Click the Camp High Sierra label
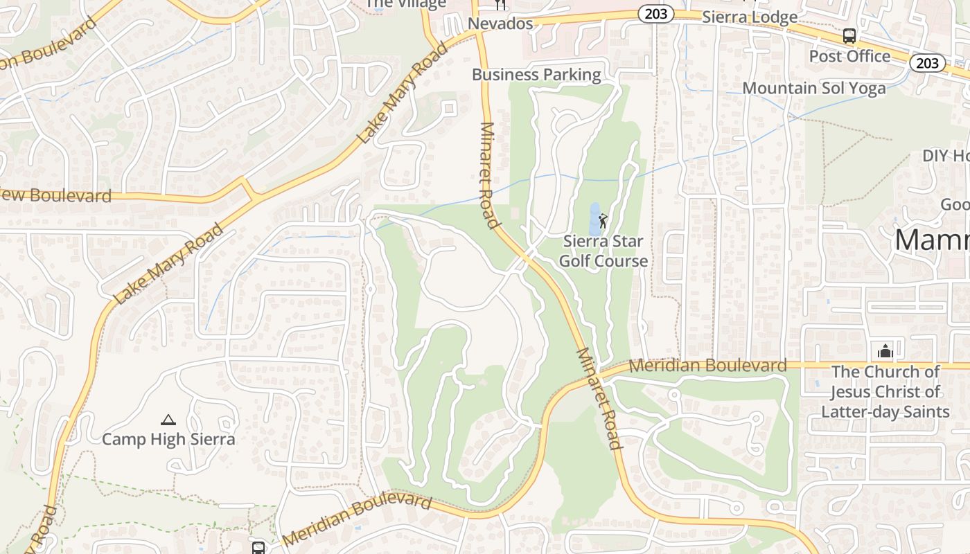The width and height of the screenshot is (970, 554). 168,439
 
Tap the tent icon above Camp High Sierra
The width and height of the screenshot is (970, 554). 168,420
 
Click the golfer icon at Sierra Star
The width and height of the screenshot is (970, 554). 603,221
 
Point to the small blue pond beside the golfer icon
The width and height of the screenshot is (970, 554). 594,220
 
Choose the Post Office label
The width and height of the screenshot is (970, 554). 849,56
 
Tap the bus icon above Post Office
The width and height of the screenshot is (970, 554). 849,36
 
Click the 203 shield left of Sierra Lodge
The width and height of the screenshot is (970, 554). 655,14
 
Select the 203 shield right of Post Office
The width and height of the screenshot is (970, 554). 927,63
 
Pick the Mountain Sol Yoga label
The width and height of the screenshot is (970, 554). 813,88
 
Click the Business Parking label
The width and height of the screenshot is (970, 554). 536,75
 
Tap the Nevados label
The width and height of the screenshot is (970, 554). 500,24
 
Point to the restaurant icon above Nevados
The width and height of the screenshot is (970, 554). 500,6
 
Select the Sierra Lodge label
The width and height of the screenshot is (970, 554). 750,17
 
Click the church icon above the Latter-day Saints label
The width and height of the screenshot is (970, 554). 885,351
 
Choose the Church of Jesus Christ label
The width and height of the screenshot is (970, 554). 885,391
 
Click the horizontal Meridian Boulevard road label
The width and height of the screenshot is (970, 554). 707,366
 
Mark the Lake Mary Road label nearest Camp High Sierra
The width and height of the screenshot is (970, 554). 169,263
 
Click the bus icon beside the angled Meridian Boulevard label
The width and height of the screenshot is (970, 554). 258,548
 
